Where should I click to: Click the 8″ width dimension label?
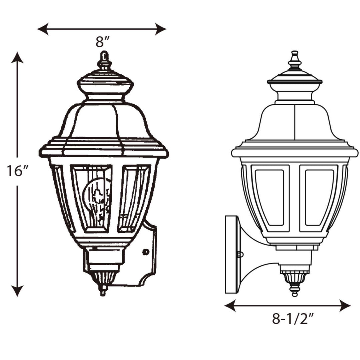pyautogui.click(x=102, y=42)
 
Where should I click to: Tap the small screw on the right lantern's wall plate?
pyautogui.click(x=240, y=255)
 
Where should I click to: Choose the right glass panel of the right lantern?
pyautogui.click(x=319, y=198)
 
